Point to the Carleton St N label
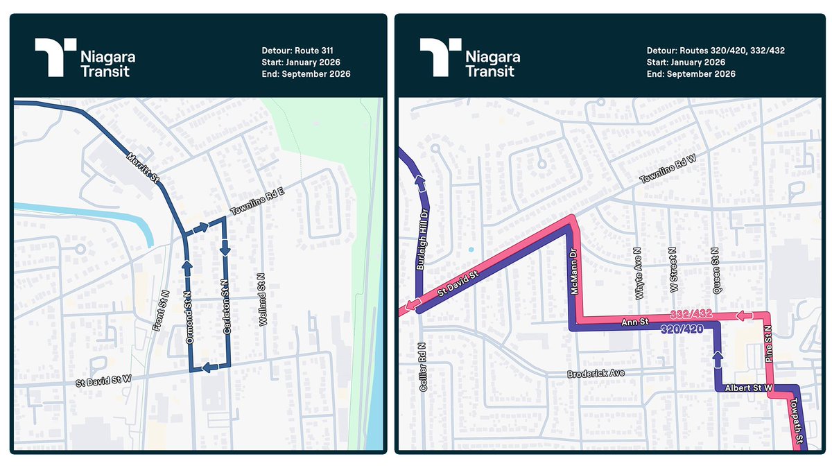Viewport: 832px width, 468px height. [x=226, y=313]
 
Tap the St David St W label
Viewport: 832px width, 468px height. [x=105, y=381]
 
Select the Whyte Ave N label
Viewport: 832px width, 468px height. [x=639, y=275]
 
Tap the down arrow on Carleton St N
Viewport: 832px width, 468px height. [x=225, y=248]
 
